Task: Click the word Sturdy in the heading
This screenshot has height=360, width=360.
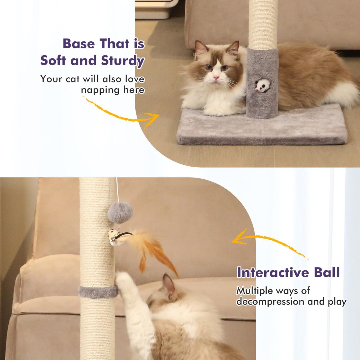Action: coord(123,61)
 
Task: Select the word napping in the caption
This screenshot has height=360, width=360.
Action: coord(100,90)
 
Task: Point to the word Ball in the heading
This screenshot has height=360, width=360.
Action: coord(327,272)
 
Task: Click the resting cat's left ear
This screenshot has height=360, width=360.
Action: coord(201,48)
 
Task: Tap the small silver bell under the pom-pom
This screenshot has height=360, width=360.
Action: coord(113,239)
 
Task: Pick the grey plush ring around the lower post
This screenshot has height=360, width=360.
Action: coord(98,292)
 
